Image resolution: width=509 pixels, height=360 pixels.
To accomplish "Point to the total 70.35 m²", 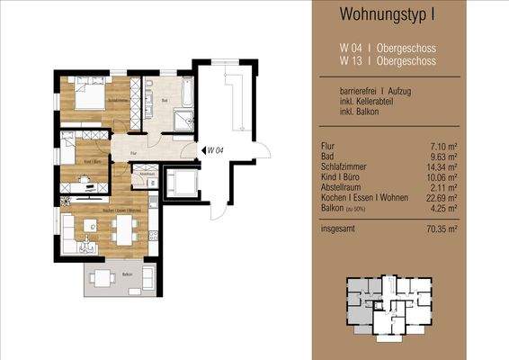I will coord(446,229).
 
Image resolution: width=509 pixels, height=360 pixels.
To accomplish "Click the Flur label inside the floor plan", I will coord(132,154).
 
